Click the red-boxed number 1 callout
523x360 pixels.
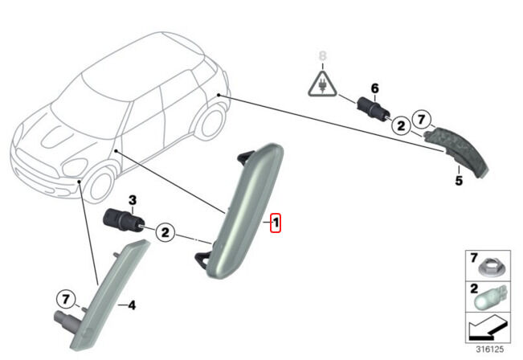276,223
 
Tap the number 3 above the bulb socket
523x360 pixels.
133,201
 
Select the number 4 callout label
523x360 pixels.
132,305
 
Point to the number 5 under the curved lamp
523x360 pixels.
459,181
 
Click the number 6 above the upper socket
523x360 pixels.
375,88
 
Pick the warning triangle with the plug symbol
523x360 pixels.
322,84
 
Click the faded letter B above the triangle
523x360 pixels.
322,56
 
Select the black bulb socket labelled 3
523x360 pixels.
124,220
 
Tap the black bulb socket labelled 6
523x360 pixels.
373,109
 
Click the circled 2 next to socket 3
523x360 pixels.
165,232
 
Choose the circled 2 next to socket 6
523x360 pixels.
401,125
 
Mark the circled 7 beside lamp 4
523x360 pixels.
66,299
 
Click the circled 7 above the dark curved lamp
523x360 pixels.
422,119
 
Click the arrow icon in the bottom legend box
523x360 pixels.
488,328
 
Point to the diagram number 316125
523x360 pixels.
489,350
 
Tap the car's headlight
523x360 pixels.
75,167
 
